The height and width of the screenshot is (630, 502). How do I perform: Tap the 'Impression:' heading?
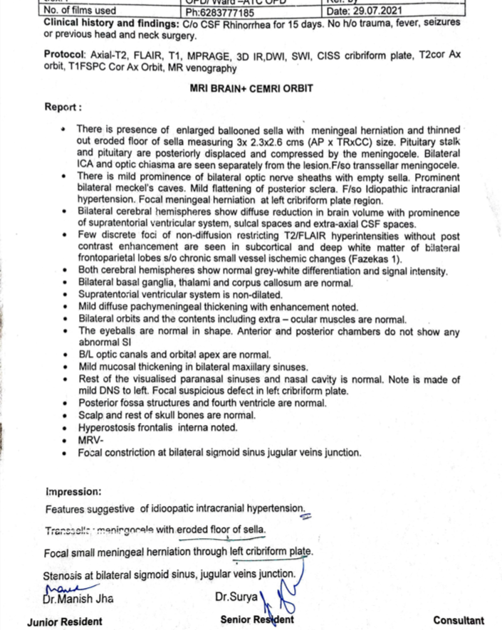coord(73,491)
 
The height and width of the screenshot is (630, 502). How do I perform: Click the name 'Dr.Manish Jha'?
coord(80,599)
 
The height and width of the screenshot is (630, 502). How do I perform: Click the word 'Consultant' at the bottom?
coord(458,621)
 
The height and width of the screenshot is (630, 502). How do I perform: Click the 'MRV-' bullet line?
coord(92,440)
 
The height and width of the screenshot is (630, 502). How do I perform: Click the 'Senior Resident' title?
coord(257,620)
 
